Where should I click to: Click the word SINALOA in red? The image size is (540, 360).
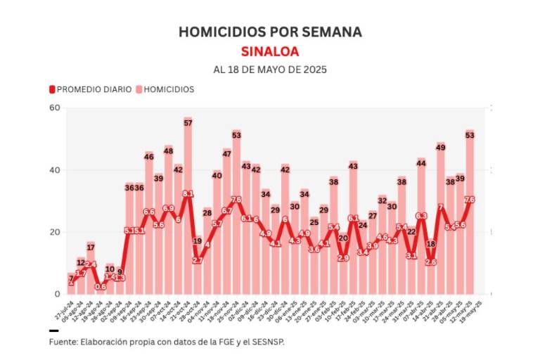pyautogui.click(x=270, y=51)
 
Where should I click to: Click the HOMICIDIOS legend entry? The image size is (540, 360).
pyautogui.click(x=165, y=89)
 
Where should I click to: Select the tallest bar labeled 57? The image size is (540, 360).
pyautogui.click(x=188, y=211)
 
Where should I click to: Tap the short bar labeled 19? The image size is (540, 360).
pyautogui.click(x=198, y=267)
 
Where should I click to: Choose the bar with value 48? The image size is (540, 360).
pyautogui.click(x=169, y=225)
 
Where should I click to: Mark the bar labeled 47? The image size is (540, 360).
pyautogui.click(x=227, y=225)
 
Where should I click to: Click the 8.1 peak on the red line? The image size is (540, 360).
pyautogui.click(x=188, y=193)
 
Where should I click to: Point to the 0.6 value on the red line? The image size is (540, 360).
pyautogui.click(x=101, y=286)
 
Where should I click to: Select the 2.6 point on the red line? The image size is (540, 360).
pyautogui.click(x=431, y=262)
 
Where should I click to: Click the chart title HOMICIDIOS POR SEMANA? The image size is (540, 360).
pyautogui.click(x=270, y=32)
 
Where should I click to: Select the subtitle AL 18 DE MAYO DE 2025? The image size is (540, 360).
pyautogui.click(x=270, y=70)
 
